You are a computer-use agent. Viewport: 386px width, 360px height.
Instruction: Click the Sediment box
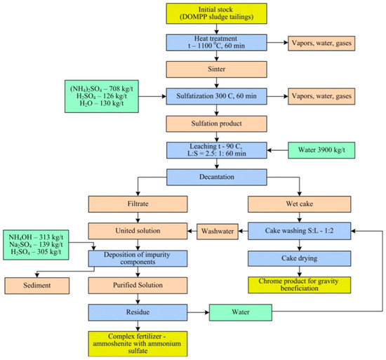tap(40, 286)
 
